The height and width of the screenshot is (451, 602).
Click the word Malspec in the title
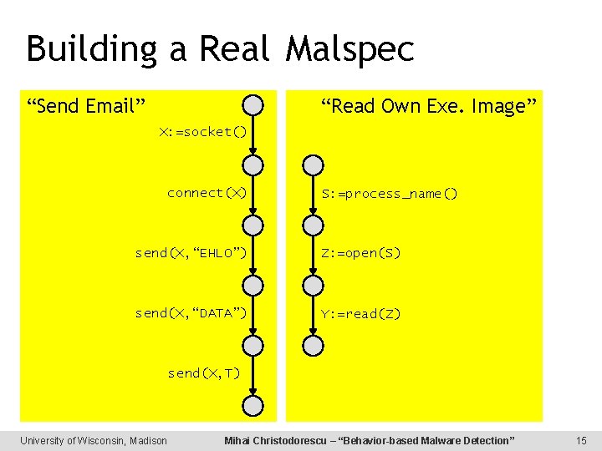pyautogui.click(x=349, y=49)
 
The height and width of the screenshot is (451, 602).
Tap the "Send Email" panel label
pyautogui.click(x=86, y=106)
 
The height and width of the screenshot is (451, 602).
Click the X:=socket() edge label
pyautogui.click(x=203, y=133)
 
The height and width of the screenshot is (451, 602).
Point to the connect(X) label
pyautogui.click(x=207, y=193)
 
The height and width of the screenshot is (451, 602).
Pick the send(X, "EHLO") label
pyautogui.click(x=191, y=253)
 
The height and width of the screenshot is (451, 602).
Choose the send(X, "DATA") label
pyautogui.click(x=191, y=313)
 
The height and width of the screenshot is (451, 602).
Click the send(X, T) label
pyautogui.click(x=203, y=373)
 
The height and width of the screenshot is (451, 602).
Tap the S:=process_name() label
pyautogui.click(x=390, y=194)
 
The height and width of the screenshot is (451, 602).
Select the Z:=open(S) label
pyautogui.click(x=361, y=253)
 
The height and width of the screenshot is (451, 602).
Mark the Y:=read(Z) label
pyautogui.click(x=361, y=314)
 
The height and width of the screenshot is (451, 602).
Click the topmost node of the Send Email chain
pyautogui.click(x=253, y=105)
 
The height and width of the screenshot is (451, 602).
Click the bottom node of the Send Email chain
pyautogui.click(x=253, y=406)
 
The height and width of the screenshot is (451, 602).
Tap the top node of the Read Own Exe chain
pyautogui.click(x=312, y=165)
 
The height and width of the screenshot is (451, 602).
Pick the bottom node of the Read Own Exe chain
pyautogui.click(x=312, y=346)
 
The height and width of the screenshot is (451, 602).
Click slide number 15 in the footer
pyautogui.click(x=582, y=440)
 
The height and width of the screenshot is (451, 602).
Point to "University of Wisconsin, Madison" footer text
pyautogui.click(x=94, y=440)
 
